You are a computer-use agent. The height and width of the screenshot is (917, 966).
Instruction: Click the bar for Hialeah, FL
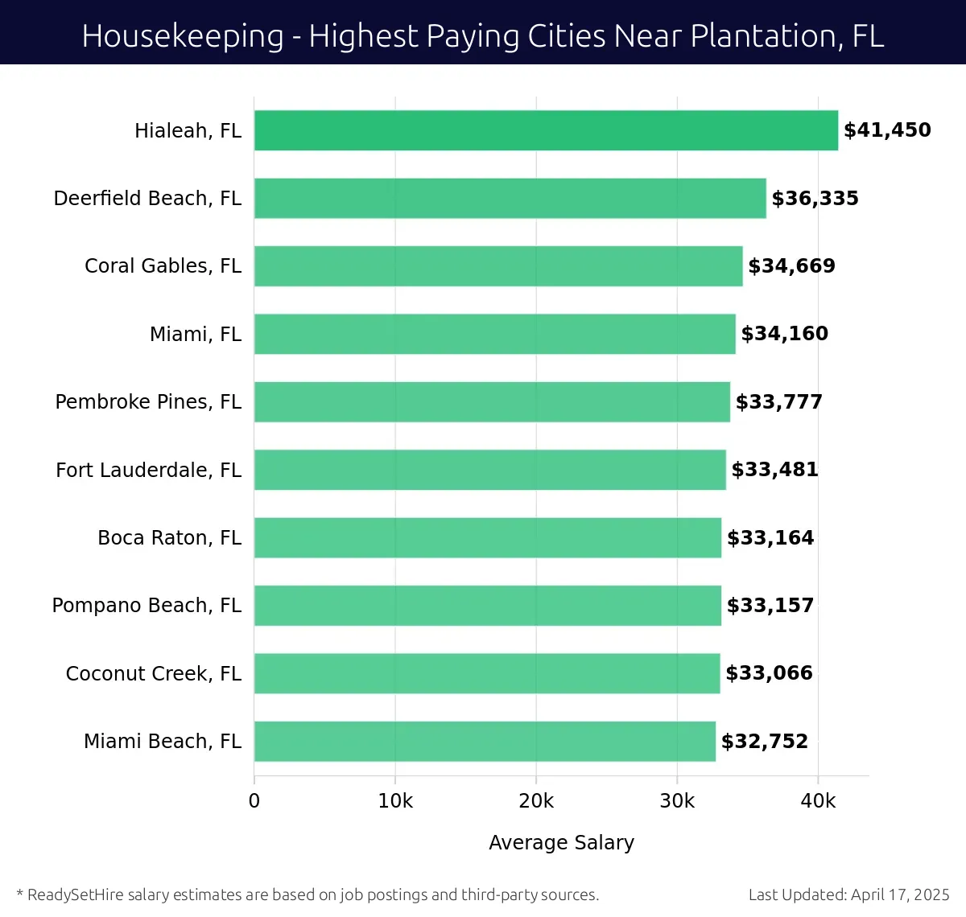tap(546, 130)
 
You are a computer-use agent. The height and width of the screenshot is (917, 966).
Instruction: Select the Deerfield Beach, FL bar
tap(510, 199)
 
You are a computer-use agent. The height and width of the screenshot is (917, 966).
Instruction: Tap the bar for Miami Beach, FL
tap(485, 742)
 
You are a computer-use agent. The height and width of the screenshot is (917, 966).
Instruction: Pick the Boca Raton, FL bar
tap(487, 538)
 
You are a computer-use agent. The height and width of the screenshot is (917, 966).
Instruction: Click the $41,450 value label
tap(887, 130)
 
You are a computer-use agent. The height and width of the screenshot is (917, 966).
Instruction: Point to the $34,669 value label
tap(791, 266)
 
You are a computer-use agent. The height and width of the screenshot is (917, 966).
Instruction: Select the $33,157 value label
tap(770, 606)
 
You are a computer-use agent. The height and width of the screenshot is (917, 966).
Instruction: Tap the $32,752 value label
tap(764, 742)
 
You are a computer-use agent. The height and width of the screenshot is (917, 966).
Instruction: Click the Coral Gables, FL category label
tap(163, 266)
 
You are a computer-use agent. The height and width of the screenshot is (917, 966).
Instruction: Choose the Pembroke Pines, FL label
tap(148, 402)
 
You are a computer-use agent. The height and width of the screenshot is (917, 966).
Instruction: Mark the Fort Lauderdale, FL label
tap(148, 471)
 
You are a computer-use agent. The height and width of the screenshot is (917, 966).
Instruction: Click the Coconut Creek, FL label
tap(153, 674)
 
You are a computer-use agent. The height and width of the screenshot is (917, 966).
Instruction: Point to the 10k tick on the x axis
tap(395, 801)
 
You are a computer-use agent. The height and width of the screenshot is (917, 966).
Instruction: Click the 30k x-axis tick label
tap(677, 801)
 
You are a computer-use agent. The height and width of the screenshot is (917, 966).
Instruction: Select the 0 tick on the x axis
tap(254, 801)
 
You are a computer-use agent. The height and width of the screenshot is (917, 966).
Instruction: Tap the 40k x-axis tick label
tap(818, 801)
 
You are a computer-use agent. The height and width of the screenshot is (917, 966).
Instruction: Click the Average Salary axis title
tap(561, 843)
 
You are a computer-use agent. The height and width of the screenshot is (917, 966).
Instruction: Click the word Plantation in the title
tap(752, 36)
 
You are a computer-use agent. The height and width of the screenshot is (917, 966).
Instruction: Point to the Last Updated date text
tap(848, 894)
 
